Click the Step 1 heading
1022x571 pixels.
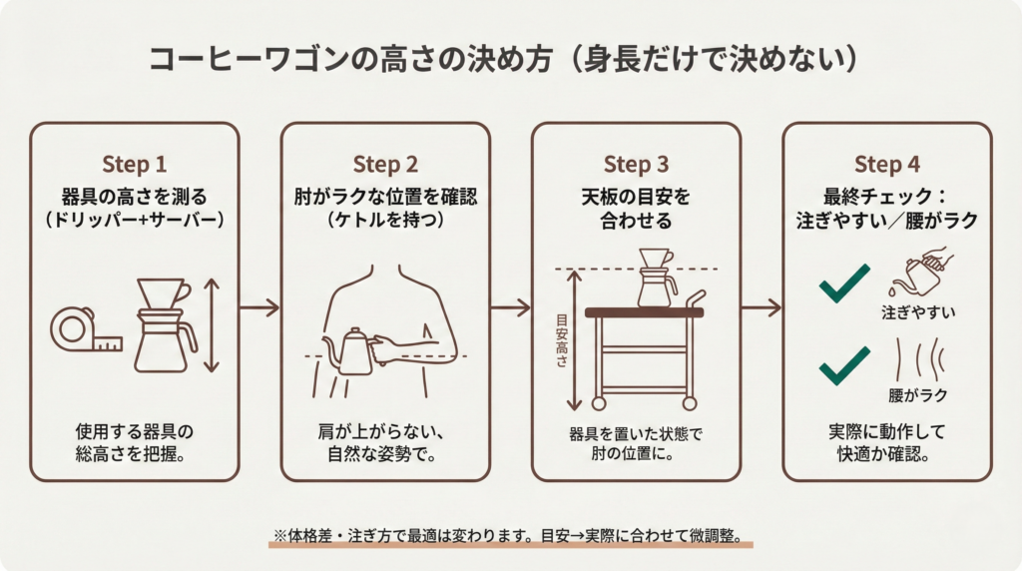(x=135, y=164)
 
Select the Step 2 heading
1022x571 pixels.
(x=385, y=164)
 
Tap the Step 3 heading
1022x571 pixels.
(x=636, y=164)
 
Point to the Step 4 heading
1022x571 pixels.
(x=886, y=164)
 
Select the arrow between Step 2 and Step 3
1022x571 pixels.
(x=510, y=307)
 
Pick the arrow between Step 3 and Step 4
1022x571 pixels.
(x=761, y=307)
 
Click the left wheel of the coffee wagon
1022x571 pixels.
(x=599, y=403)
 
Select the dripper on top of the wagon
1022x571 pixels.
(x=656, y=277)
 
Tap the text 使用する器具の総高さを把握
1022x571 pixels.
(x=135, y=443)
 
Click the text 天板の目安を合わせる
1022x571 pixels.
(x=636, y=208)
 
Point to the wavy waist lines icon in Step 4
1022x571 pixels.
(x=917, y=358)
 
